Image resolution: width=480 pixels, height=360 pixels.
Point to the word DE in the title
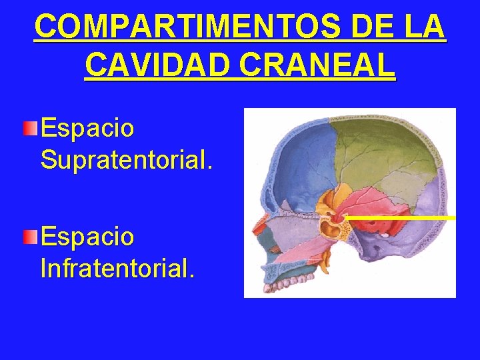pos(366,27)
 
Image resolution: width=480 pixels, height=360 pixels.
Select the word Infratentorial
pos(118,269)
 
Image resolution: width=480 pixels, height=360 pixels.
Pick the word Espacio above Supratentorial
pos(87,127)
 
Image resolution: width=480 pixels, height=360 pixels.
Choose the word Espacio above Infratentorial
pos(87,236)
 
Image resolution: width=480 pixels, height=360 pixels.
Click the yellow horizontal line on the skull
pos(400,217)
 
